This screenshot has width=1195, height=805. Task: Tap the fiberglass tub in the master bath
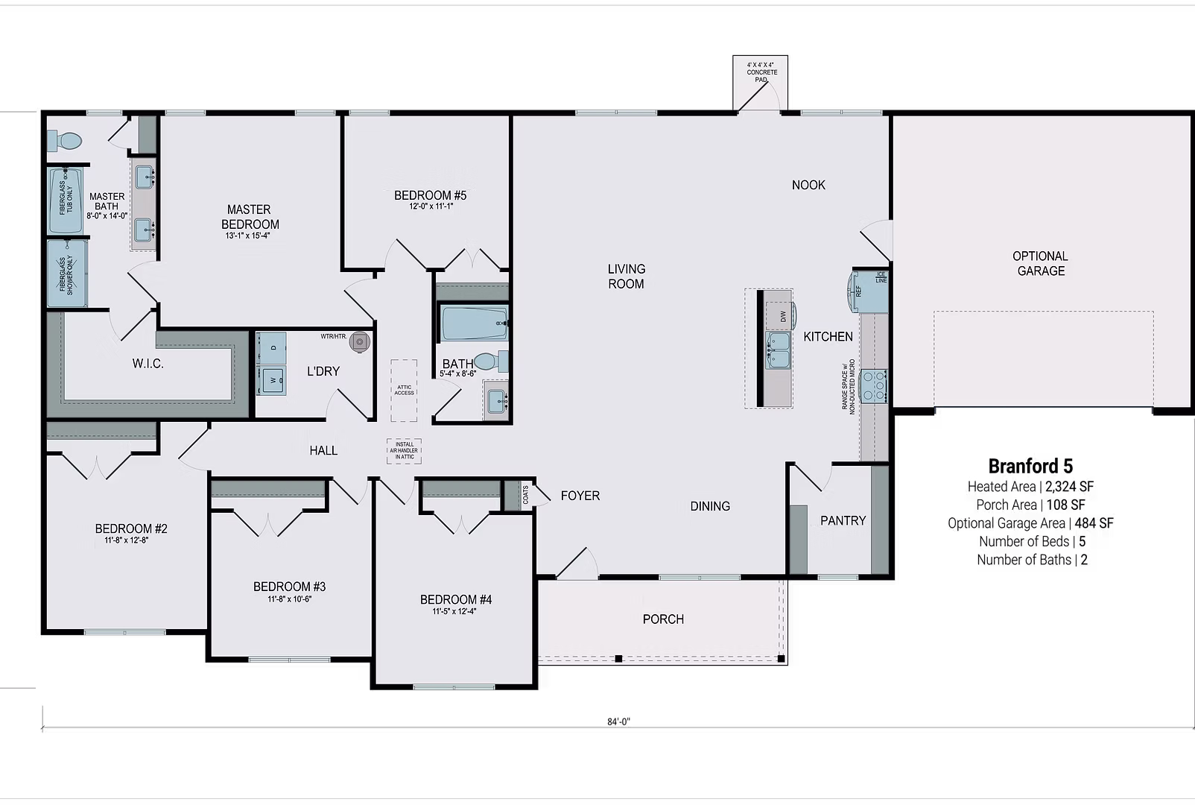click(66, 201)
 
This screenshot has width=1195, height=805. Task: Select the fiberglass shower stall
click(67, 274)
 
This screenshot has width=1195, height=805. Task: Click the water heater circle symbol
click(361, 342)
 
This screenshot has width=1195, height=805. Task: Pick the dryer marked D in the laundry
click(272, 347)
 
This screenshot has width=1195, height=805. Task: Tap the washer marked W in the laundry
click(272, 379)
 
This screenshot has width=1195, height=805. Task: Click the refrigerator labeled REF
click(868, 291)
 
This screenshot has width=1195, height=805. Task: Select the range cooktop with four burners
click(873, 386)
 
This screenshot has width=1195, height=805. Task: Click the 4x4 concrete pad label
click(761, 72)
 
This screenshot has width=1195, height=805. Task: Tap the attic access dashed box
click(405, 390)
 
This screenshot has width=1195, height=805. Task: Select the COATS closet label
click(526, 495)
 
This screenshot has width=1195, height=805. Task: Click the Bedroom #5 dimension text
click(431, 206)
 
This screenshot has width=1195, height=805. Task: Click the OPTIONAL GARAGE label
click(1041, 263)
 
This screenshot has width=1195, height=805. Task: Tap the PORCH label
click(663, 619)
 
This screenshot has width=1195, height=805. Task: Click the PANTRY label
click(843, 520)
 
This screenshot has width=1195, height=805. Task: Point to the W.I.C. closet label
click(148, 364)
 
